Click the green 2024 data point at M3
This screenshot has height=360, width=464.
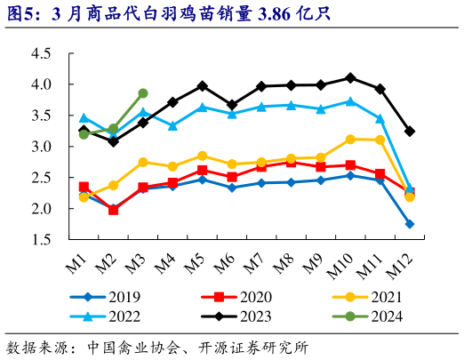143,93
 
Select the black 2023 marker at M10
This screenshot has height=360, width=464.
350,78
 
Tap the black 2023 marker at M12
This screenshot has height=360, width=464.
410,132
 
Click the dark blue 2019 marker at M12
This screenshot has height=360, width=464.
410,224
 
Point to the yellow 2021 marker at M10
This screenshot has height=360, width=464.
350,140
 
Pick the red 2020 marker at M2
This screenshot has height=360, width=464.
113,210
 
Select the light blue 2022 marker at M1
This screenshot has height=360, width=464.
84,117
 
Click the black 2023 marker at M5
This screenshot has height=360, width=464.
202,86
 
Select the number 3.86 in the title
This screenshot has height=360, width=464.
232,13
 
